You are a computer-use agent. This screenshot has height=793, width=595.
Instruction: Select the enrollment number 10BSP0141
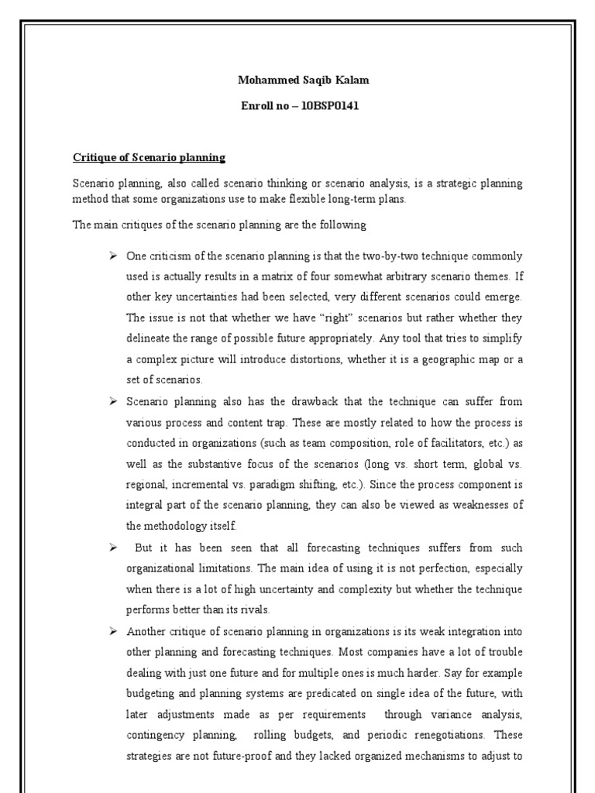(x=325, y=106)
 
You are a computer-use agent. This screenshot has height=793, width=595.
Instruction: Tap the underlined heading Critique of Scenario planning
(x=149, y=157)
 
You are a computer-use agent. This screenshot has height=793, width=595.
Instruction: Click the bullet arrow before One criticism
(x=112, y=256)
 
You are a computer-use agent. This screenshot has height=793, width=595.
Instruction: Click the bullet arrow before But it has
(x=112, y=547)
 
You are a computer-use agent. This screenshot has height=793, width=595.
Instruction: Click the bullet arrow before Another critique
(x=112, y=630)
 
